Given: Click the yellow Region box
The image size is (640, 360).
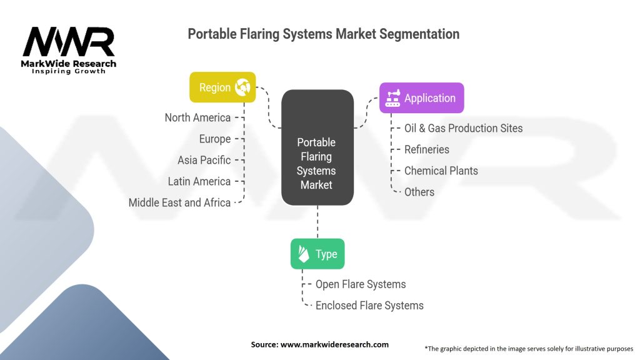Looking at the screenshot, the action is point(222,87).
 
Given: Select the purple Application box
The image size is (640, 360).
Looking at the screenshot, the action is point(422,98).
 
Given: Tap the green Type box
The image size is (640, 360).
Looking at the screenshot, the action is point(317,254).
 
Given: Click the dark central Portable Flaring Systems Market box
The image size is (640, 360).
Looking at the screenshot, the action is point(317,147).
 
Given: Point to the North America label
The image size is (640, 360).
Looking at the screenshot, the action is point(197,117).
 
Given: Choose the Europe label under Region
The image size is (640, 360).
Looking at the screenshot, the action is point(215,139).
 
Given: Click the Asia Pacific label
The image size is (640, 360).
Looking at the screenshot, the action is point(204,160).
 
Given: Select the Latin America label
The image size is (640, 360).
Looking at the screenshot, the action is point(199,181).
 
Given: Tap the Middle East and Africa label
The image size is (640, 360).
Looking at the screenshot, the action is point(179,202).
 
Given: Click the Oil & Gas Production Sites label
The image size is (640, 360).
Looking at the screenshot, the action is point(463,128).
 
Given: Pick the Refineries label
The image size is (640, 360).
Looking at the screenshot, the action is point(426,149).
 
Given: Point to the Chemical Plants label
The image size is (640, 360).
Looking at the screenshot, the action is point(441,171).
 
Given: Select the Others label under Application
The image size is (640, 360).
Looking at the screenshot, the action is point(419,192).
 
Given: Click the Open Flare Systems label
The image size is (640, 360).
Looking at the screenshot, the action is point(361,284).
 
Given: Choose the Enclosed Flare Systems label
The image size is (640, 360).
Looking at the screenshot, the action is point(369,305).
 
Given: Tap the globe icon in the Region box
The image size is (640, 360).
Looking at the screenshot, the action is point(242,87).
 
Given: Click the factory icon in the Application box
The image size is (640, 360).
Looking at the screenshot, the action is point(392,98).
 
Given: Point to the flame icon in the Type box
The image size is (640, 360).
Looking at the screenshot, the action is point(304,254).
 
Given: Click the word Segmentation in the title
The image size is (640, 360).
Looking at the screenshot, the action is point(419,34).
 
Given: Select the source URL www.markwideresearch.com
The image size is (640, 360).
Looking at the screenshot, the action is point(334,344).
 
